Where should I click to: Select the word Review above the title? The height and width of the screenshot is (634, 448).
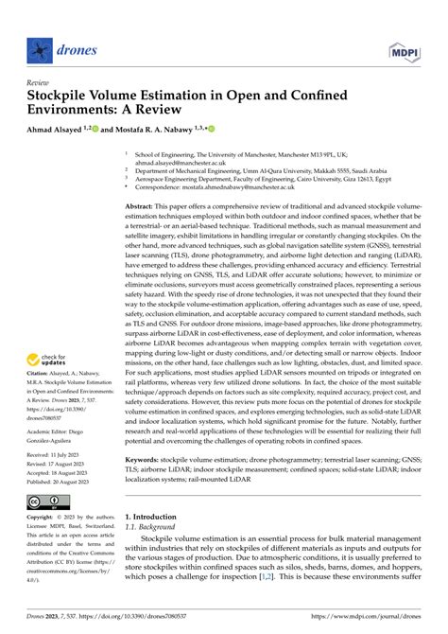(41, 81)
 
